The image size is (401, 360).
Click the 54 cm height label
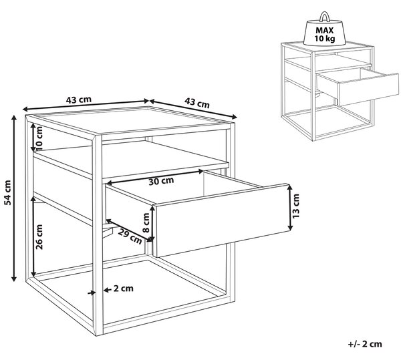(x=8, y=192)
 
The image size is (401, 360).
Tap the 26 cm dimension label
(x=39, y=237)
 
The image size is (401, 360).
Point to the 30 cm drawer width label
(x=161, y=181)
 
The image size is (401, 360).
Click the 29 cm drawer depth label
(x=130, y=236)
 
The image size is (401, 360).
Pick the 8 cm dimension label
(x=146, y=223)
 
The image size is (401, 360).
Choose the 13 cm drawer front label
(x=295, y=206)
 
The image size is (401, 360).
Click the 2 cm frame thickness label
(x=124, y=289)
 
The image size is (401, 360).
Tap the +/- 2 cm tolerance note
(x=365, y=344)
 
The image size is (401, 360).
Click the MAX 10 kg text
(x=325, y=34)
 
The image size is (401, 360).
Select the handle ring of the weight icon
(x=325, y=16)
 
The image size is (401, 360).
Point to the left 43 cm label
(x=79, y=100)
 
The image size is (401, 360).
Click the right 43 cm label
(x=197, y=103)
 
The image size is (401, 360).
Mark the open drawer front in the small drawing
(x=369, y=89)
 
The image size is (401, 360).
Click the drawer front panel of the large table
(x=222, y=220)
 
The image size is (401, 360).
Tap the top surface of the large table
(x=131, y=120)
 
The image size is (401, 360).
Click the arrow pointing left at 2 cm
(x=108, y=290)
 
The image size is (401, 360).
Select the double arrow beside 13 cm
(x=290, y=208)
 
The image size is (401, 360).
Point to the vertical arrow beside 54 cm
(x=14, y=198)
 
